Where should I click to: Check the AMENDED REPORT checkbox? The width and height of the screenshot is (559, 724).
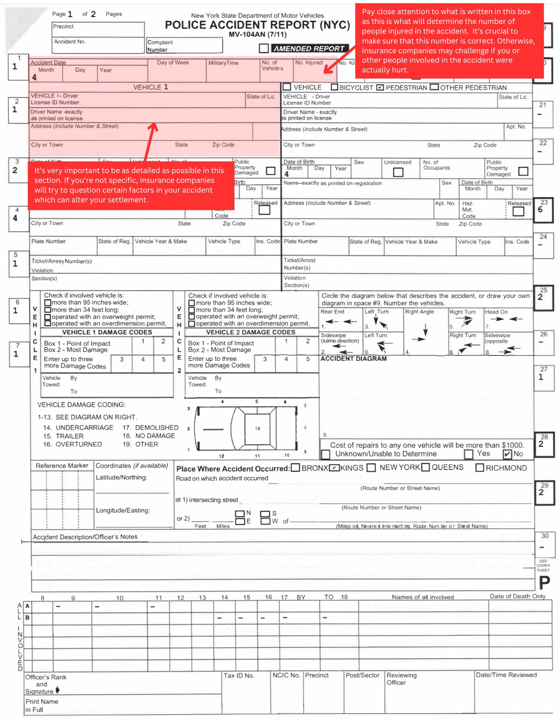264,48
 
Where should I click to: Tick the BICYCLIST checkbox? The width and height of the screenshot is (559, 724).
334,87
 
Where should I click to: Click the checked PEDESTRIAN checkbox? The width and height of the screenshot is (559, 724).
380,87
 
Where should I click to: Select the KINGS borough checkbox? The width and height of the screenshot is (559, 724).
334,468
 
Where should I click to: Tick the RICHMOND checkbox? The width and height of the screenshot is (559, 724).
480,468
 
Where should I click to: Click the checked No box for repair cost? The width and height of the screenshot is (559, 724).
507,454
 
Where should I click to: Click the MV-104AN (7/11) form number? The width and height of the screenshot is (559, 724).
257,35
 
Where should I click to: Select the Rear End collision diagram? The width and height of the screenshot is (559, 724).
340,321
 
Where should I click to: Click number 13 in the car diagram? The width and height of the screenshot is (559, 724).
257,429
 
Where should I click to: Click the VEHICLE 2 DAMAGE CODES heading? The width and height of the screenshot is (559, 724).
250,332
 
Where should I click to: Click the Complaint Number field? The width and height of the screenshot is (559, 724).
185,46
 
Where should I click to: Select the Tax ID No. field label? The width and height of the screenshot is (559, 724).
239,675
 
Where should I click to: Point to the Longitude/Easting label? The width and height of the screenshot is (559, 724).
123,510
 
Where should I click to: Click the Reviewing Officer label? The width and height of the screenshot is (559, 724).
401,679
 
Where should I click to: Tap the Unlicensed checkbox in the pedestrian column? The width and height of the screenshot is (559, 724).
398,172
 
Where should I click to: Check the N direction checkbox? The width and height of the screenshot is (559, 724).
240,514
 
